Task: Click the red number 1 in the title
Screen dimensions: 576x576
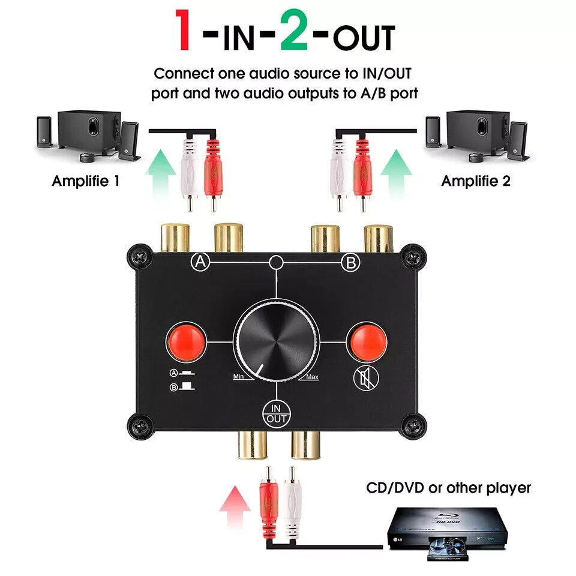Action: coord(183,30)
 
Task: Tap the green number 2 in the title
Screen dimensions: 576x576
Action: coord(294,30)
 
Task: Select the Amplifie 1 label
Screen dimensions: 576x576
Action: coord(86,181)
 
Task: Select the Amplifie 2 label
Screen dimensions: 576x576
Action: coord(476,181)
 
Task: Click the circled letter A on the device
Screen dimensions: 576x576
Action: coord(200,262)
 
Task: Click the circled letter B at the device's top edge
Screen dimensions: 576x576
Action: coord(351,263)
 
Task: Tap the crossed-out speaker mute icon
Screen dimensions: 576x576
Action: coord(366,379)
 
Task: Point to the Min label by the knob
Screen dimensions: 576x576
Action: coord(238,377)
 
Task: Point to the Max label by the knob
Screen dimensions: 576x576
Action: coord(312,377)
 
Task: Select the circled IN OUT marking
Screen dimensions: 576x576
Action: coord(276,413)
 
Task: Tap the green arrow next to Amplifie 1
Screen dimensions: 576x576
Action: coord(160,173)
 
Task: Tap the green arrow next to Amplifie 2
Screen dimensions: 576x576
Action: coord(396,173)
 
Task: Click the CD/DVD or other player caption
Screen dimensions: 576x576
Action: coord(449,488)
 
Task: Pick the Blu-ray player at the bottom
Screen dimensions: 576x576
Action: coord(448,533)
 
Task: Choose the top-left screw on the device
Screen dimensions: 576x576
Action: coord(140,257)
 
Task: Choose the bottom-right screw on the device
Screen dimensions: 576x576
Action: coord(413,427)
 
